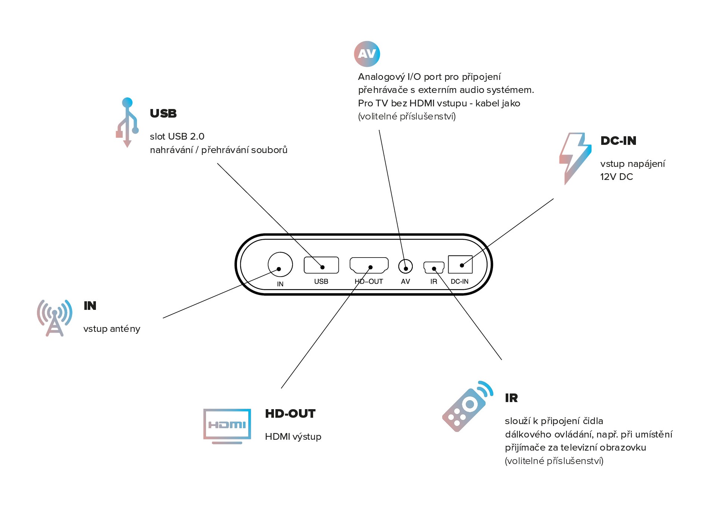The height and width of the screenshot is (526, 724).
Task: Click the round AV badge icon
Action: click(x=367, y=54)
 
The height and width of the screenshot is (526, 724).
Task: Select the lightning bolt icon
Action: click(x=575, y=158)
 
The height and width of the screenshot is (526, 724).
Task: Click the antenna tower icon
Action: click(x=54, y=318)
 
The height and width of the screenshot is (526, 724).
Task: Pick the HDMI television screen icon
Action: click(x=227, y=426)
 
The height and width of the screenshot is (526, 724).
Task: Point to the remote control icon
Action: click(x=467, y=406)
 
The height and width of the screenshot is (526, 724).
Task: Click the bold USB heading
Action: click(x=163, y=113)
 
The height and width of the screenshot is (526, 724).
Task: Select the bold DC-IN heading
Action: click(x=618, y=141)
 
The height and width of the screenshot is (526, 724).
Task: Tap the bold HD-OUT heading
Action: click(x=290, y=414)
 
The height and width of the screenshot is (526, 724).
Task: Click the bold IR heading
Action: click(x=511, y=398)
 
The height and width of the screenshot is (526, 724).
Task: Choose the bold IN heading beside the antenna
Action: click(x=90, y=306)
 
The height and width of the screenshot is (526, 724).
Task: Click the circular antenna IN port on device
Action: click(x=280, y=265)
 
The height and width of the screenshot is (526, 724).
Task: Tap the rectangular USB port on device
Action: click(x=321, y=265)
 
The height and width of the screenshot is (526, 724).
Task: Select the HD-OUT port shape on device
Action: click(x=369, y=265)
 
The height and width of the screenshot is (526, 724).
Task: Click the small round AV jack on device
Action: click(x=406, y=267)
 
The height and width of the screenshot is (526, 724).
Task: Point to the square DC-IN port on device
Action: click(x=460, y=264)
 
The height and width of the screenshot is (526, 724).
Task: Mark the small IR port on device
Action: click(x=434, y=267)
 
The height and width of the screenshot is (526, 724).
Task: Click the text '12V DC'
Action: click(x=617, y=177)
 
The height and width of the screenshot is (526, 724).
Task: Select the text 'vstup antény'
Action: click(x=112, y=329)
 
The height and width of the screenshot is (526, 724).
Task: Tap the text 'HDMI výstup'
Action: click(x=293, y=437)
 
